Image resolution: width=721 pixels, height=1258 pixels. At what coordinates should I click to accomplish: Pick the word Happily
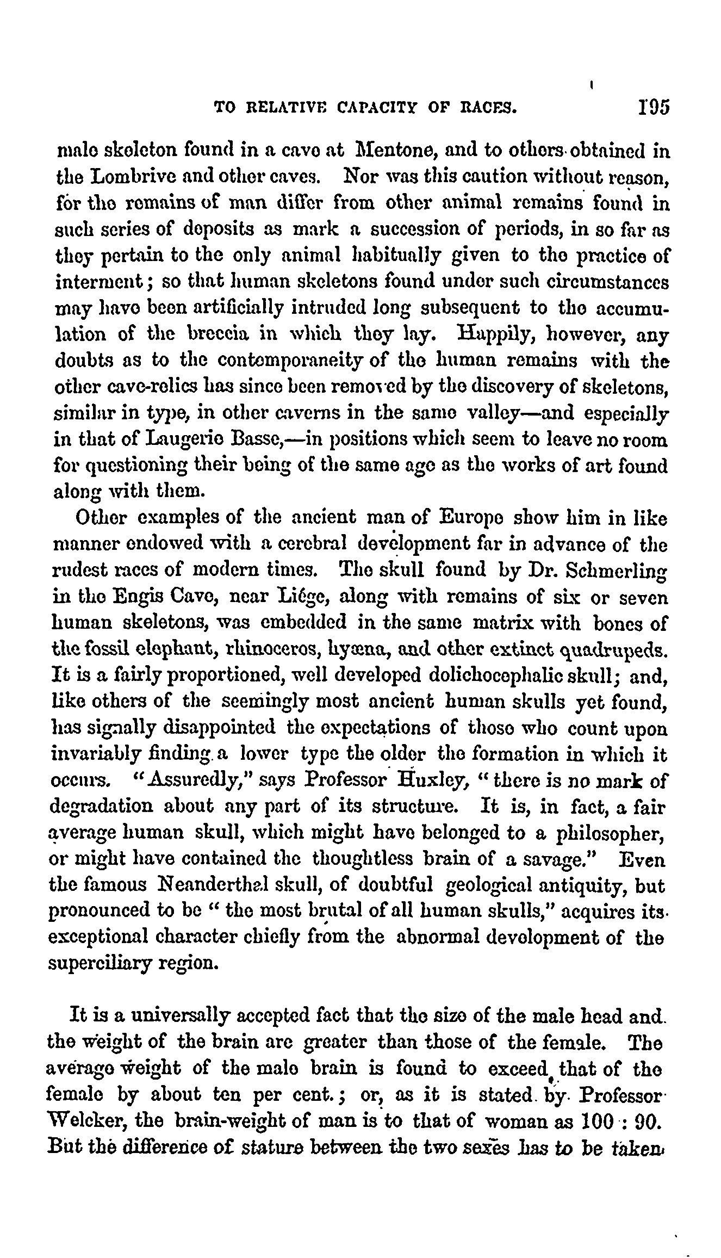pos(498,336)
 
